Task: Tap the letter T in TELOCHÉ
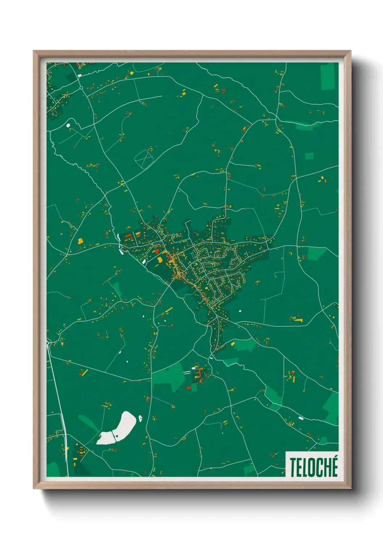[292, 467]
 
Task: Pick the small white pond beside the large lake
[140, 419]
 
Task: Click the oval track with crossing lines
[144, 159]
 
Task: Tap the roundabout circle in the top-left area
[81, 87]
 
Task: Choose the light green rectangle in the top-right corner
[328, 77]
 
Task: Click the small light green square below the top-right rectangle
[309, 156]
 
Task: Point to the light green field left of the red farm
[170, 377]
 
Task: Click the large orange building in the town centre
[160, 259]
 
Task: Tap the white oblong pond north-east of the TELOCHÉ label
[300, 418]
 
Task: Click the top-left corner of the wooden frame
[34, 51]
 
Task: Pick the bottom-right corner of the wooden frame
[350, 488]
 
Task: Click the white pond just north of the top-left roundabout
[79, 75]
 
